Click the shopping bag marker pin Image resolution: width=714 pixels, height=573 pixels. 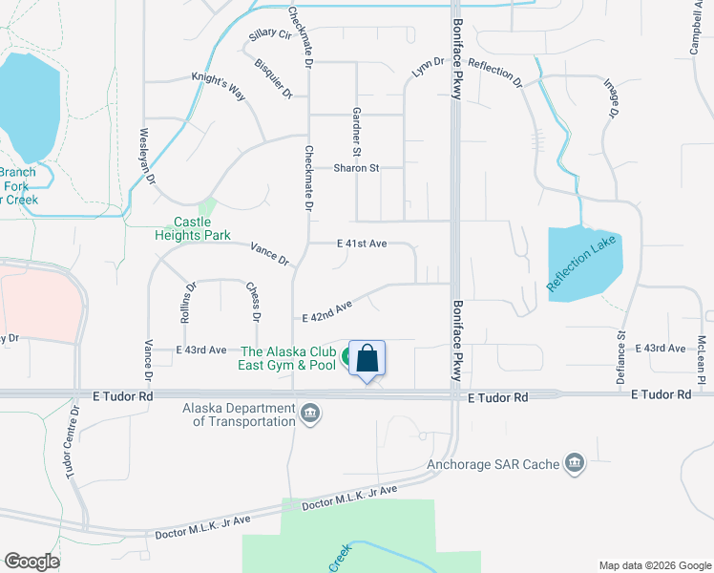coord(367,361)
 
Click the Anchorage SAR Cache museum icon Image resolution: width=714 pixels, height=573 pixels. coord(575,464)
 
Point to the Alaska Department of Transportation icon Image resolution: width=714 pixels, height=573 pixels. coord(310,414)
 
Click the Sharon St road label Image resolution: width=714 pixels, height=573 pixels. coord(356,168)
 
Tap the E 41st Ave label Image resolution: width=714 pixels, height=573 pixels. coord(362,244)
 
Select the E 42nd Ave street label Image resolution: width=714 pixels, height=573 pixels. coord(327,311)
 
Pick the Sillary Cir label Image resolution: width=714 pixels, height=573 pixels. coord(269,35)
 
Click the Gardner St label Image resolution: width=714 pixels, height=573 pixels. coord(356,132)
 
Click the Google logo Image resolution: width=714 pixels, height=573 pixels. coord(32,562)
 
